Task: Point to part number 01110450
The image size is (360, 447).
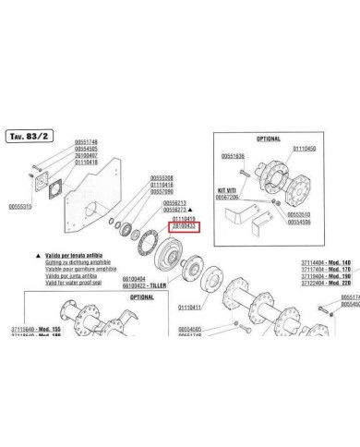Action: coord(304,149)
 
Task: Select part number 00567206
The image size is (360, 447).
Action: coord(234,197)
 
